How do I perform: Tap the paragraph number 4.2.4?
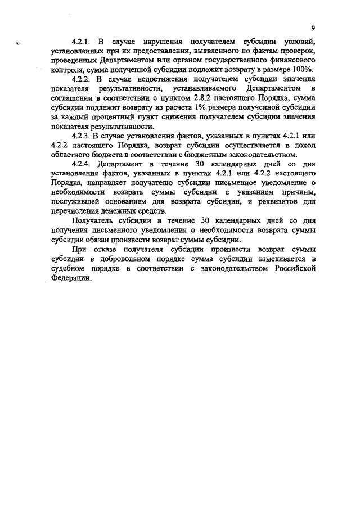coord(82,164)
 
